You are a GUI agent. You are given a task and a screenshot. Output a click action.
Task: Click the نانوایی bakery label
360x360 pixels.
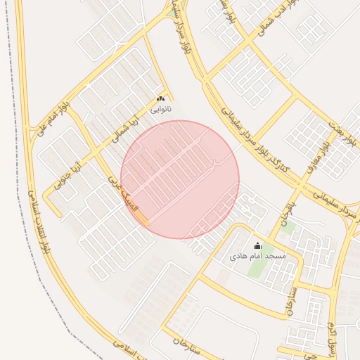160,110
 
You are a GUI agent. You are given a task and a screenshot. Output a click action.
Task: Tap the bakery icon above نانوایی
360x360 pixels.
160,99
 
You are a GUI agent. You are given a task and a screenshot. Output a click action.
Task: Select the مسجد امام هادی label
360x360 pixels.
258,257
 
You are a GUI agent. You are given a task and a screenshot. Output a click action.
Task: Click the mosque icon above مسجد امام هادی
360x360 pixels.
257,245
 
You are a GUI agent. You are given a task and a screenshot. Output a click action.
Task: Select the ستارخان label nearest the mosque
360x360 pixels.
290,301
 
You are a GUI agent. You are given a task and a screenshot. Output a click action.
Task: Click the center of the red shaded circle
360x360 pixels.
180,180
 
